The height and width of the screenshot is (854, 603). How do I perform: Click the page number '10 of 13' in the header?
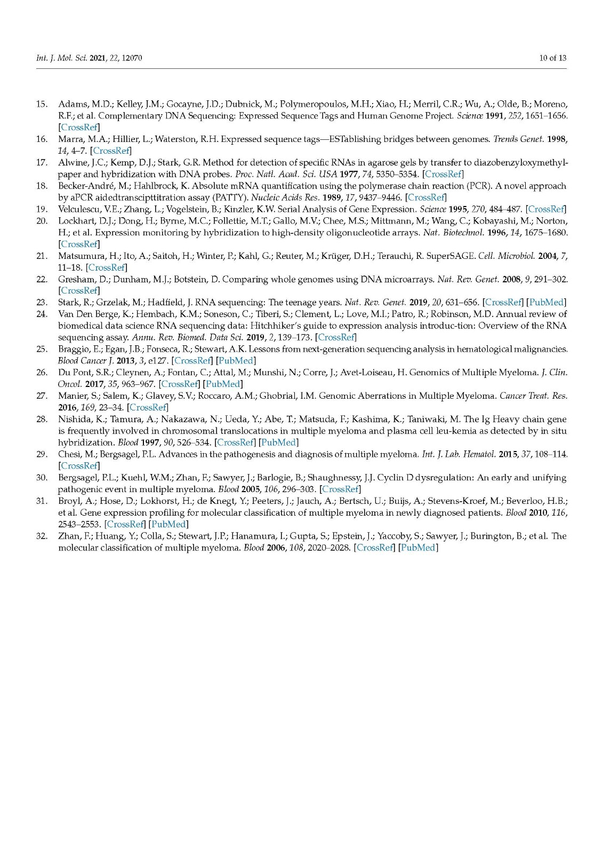(552, 58)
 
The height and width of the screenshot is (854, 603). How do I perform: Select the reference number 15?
(42, 104)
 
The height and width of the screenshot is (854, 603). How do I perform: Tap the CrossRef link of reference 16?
(111, 151)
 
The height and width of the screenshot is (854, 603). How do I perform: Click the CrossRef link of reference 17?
(443, 174)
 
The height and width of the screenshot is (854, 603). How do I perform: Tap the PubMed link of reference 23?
(546, 303)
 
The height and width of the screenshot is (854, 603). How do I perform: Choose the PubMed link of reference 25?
(236, 361)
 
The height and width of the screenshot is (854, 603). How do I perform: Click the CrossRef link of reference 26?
(180, 384)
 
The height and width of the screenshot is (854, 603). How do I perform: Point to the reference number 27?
(42, 396)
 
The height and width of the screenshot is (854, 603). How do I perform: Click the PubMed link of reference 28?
(278, 442)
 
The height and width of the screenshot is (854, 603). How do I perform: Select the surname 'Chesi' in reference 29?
(69, 454)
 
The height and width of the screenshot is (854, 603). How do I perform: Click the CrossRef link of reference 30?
(340, 489)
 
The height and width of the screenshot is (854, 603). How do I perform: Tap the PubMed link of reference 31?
(168, 524)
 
